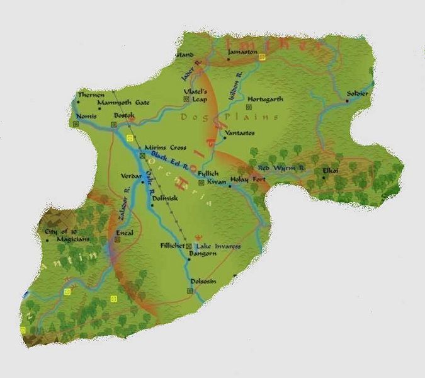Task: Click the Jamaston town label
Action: [x=242, y=52]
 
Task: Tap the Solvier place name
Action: [x=358, y=94]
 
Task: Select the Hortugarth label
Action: [x=266, y=100]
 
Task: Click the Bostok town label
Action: [x=125, y=117]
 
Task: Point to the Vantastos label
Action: [x=241, y=133]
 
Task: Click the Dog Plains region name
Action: [x=229, y=117]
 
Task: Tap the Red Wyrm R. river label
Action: [x=281, y=169]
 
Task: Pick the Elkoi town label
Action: [x=331, y=170]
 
